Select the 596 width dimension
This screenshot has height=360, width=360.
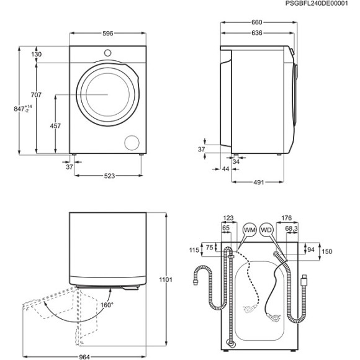(108, 34)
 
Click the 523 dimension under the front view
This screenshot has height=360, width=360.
(109, 176)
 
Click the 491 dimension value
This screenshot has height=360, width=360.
(259, 182)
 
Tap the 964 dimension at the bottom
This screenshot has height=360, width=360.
(84, 356)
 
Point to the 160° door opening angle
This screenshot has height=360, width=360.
(107, 305)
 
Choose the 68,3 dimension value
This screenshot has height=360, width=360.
(291, 229)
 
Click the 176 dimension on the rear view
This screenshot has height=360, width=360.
(286, 217)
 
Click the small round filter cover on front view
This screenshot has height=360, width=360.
(132, 142)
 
